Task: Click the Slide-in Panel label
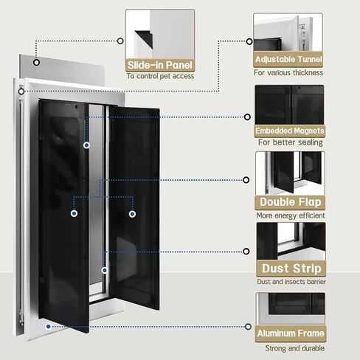tap(160, 65)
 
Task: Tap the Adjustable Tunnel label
tap(288, 59)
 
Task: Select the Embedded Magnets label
tap(290, 131)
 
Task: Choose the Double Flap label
tap(291, 202)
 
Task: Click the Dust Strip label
tap(291, 269)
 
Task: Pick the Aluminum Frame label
tap(291, 333)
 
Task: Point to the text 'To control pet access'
tap(160, 76)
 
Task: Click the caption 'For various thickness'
tap(288, 73)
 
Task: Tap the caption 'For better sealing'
tap(291, 142)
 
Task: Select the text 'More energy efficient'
tap(291, 215)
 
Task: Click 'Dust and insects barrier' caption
tap(291, 282)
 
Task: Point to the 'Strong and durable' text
tap(294, 348)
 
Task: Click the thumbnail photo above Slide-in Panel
tap(160, 35)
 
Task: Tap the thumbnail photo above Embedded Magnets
tap(289, 105)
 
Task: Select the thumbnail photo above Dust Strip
tap(291, 241)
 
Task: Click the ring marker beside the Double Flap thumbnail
tap(246, 180)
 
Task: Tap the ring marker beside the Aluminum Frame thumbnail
tap(248, 327)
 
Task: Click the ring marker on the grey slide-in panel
tap(36, 63)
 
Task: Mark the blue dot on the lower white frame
tap(48, 327)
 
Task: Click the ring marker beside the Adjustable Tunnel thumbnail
tap(249, 41)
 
